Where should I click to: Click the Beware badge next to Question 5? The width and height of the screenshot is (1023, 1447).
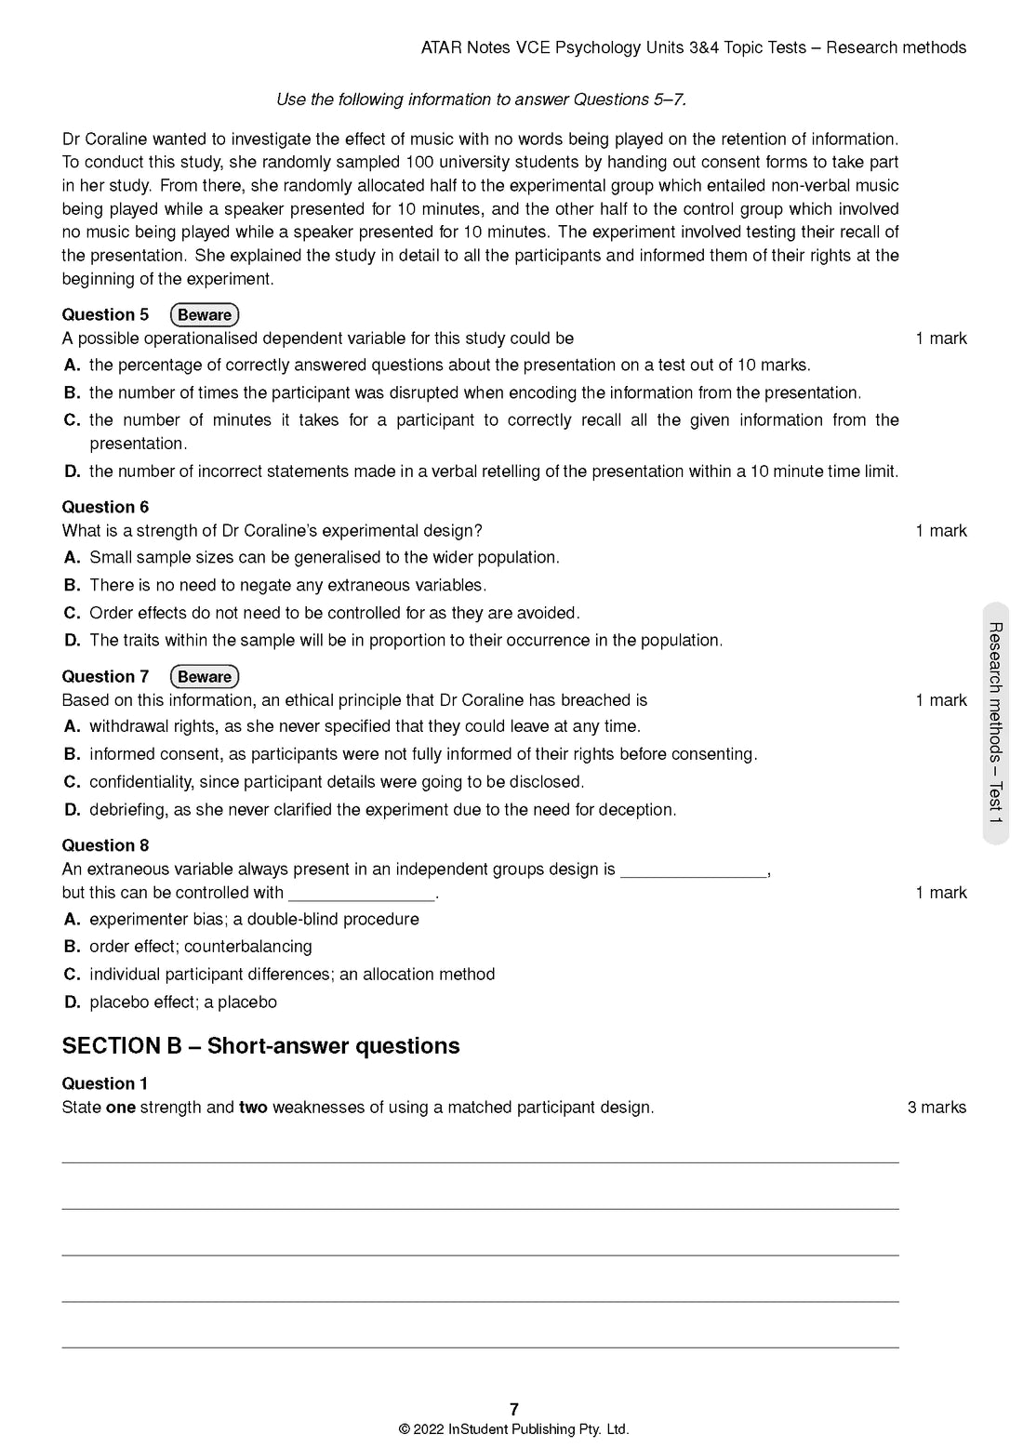tap(205, 314)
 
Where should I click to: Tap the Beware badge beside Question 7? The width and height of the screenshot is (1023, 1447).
tap(205, 676)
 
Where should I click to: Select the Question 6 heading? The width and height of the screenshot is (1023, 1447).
tap(105, 507)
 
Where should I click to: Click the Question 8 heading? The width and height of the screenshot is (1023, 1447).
tap(105, 845)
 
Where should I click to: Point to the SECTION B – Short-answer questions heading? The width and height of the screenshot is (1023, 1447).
tap(260, 1046)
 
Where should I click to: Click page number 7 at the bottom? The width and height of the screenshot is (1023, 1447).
tap(514, 1409)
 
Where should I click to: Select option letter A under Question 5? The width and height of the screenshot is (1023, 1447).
tap(73, 365)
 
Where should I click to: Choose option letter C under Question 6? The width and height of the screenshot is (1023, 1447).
tap(73, 613)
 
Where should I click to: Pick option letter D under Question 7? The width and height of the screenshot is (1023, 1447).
tap(73, 810)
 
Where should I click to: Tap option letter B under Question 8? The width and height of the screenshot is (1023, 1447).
tap(73, 947)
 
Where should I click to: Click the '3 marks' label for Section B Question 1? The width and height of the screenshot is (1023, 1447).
tap(937, 1108)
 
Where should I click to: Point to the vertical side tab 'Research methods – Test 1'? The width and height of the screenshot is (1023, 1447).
tap(995, 723)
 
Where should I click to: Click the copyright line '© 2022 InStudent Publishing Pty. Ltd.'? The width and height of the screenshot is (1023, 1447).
tap(513, 1429)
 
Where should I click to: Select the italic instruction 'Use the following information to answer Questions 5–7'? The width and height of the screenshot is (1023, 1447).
tap(481, 100)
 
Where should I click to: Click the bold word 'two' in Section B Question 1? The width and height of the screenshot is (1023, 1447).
tap(253, 1108)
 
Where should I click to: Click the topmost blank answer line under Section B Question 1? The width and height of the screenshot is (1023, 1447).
tap(480, 1162)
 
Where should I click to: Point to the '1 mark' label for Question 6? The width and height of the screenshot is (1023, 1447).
tap(940, 531)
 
